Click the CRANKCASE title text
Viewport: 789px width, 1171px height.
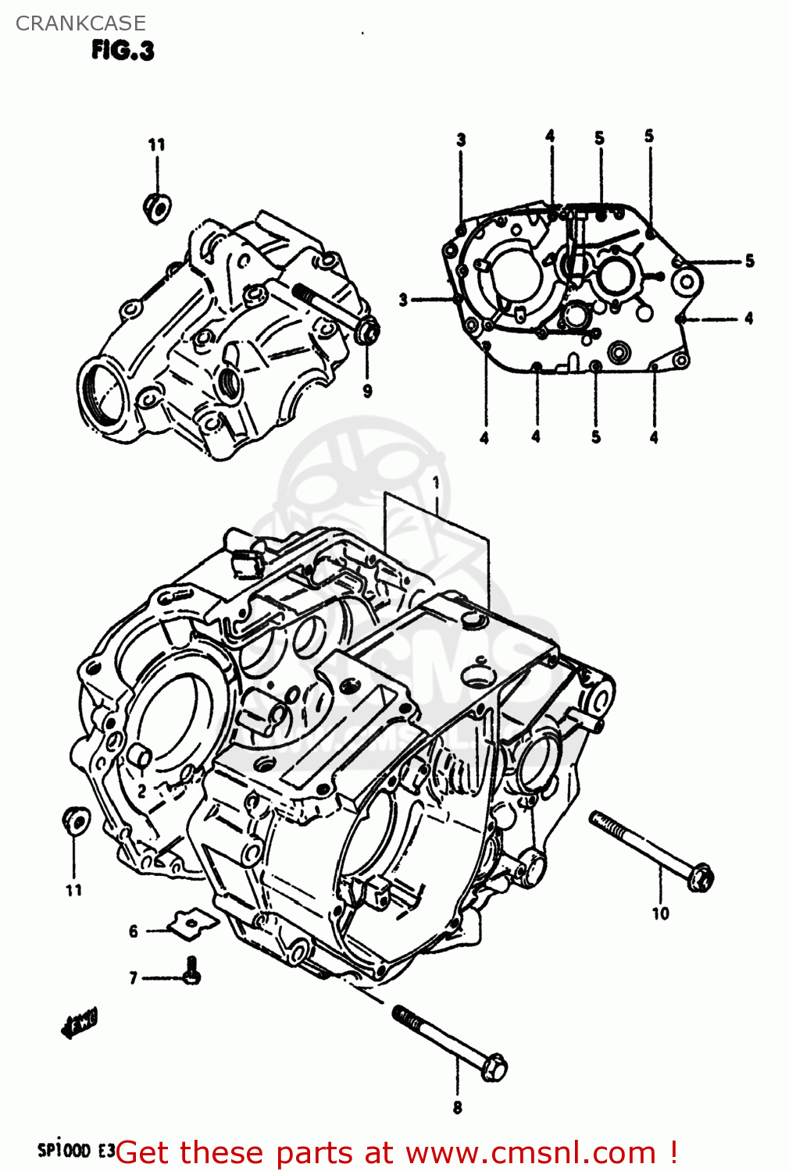(x=80, y=23)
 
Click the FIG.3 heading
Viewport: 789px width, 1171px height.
(x=123, y=51)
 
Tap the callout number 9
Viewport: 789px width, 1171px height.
(x=367, y=391)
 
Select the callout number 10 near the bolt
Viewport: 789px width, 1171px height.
(x=660, y=913)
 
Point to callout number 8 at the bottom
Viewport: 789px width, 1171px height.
(x=457, y=1107)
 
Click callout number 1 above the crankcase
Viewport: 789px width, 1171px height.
(x=436, y=482)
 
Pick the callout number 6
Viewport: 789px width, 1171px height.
(x=134, y=931)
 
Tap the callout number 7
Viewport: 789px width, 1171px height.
(x=134, y=977)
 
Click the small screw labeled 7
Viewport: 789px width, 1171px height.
(x=191, y=970)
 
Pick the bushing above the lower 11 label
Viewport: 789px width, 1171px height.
(x=75, y=820)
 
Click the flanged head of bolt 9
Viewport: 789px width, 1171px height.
(x=367, y=331)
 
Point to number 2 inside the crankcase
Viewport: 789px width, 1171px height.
(x=141, y=791)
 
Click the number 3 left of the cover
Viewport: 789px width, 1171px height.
(x=403, y=299)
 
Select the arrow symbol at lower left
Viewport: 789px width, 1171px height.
(x=80, y=1025)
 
